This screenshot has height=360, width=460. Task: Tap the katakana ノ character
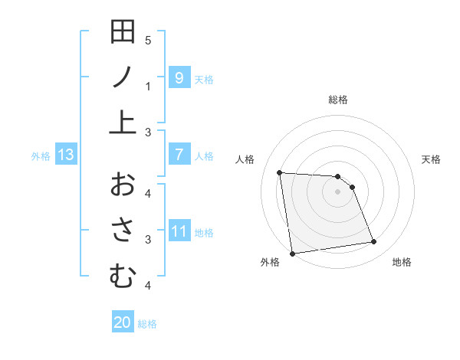pyautogui.click(x=123, y=77)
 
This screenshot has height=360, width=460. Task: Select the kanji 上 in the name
pyautogui.click(x=123, y=122)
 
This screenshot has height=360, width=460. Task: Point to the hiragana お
pyautogui.click(x=123, y=184)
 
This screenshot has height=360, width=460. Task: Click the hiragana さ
pyautogui.click(x=123, y=229)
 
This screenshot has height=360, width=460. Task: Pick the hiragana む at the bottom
pyautogui.click(x=123, y=275)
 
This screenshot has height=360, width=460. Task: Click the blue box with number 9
pyautogui.click(x=179, y=77)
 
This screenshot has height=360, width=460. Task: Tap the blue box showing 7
pyautogui.click(x=179, y=155)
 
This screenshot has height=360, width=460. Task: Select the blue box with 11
pyautogui.click(x=179, y=231)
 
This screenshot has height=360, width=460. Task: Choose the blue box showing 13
pyautogui.click(x=65, y=155)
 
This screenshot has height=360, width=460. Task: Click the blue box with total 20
pyautogui.click(x=123, y=322)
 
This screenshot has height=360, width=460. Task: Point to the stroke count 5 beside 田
pyautogui.click(x=148, y=41)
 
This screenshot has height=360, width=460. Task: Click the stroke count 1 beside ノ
pyautogui.click(x=148, y=87)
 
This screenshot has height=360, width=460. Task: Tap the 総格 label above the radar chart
pyautogui.click(x=338, y=100)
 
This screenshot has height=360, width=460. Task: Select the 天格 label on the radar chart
pyautogui.click(x=431, y=159)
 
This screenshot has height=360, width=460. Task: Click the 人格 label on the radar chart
pyautogui.click(x=245, y=159)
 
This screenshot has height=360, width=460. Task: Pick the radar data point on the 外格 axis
pyautogui.click(x=291, y=253)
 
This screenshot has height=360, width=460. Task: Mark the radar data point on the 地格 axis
pyautogui.click(x=373, y=242)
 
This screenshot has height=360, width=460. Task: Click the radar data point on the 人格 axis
pyautogui.click(x=280, y=172)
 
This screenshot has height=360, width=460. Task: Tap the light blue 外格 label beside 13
pyautogui.click(x=41, y=155)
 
